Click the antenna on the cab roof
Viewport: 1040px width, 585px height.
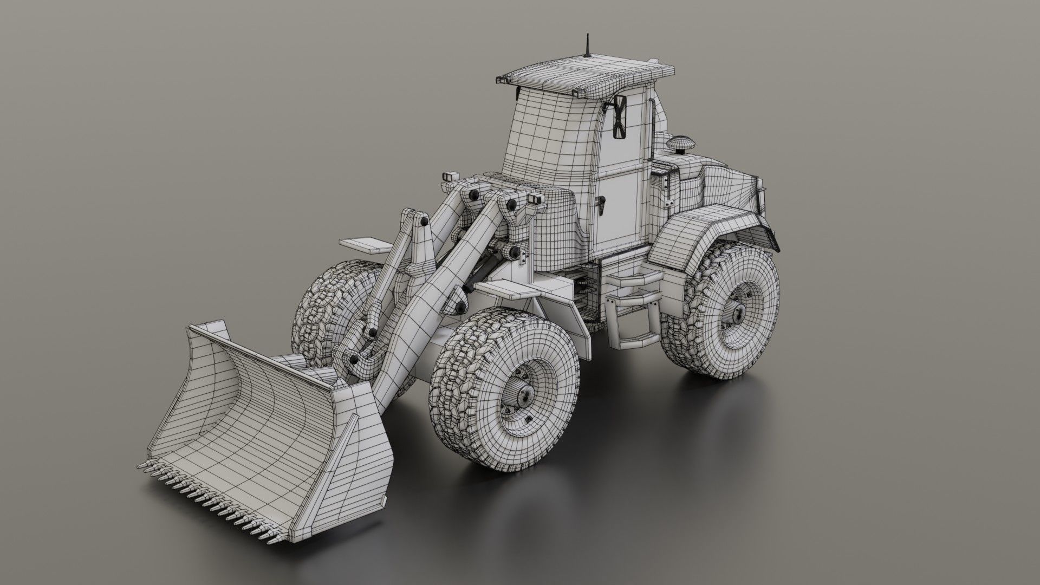[587, 47]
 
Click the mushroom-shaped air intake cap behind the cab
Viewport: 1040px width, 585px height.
[677, 145]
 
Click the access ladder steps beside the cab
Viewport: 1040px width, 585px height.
[634, 314]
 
